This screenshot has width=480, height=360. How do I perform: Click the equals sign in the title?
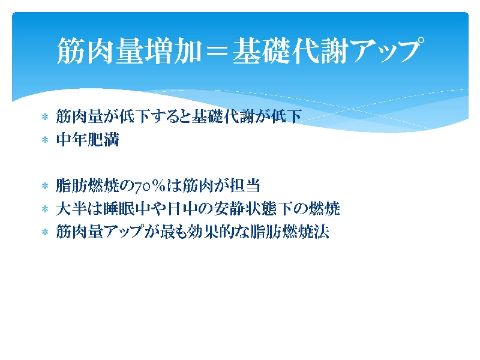coord(217,51)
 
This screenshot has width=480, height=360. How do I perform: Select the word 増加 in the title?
coord(173,51)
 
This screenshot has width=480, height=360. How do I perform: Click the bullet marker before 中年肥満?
coord(45,140)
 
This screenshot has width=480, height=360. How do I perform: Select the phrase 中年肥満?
coord(88,140)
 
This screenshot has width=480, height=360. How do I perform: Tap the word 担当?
coord(245,185)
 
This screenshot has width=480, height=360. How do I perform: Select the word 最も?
coord(173,232)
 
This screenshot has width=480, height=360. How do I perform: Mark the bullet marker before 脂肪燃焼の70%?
coord(45,186)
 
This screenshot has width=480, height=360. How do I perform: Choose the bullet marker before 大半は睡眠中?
coord(45,209)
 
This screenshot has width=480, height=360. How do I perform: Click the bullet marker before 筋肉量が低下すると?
coord(45,116)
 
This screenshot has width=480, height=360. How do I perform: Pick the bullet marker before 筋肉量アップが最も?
coord(45,232)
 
